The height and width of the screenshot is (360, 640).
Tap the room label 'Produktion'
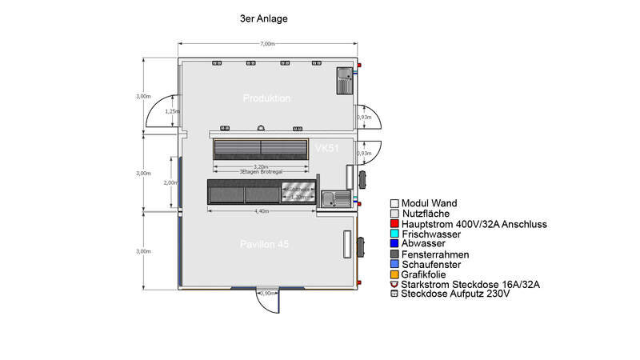[x=266, y=98]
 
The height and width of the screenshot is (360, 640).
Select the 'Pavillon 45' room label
[x=265, y=243]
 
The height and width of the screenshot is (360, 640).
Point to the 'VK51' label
[x=328, y=149]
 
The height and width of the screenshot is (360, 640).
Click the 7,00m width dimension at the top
[x=268, y=43]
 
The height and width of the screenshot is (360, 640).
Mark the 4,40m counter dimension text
[x=261, y=211]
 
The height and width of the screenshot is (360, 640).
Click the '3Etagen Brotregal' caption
[x=261, y=172]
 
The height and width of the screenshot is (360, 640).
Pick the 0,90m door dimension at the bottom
[x=269, y=294]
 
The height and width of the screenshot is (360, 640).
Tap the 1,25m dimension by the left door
[x=171, y=112]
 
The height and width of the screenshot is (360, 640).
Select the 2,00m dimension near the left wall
[x=170, y=182]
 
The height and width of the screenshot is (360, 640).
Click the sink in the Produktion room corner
[x=346, y=79]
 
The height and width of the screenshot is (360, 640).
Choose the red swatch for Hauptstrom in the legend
[x=394, y=225]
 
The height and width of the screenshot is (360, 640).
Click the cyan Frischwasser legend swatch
[x=394, y=234]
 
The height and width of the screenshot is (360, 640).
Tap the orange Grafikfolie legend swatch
[x=394, y=274]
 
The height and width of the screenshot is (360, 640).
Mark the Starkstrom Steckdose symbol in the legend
[x=394, y=284]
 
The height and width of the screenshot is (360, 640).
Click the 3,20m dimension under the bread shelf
[x=261, y=166]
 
